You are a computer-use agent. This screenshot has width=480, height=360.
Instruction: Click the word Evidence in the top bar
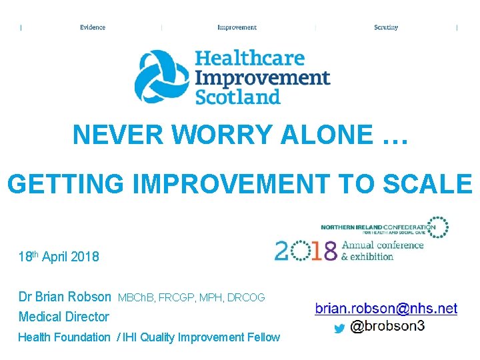point(93,27)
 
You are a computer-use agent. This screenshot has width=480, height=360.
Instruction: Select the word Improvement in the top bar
point(237,27)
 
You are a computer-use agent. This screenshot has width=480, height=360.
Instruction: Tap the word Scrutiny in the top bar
point(386,27)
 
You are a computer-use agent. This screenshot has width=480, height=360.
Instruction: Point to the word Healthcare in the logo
point(249,59)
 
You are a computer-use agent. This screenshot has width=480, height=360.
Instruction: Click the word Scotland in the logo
point(237,97)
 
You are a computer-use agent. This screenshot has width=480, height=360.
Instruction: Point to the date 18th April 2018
point(59,257)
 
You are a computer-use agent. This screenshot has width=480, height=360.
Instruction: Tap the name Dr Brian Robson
point(65,297)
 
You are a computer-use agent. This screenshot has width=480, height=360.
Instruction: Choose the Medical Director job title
point(63,317)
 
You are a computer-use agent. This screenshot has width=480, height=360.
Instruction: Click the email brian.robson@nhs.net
point(386,309)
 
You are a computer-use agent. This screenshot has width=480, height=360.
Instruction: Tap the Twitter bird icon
point(339,328)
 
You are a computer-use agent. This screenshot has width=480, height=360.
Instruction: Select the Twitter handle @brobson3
point(387,327)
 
